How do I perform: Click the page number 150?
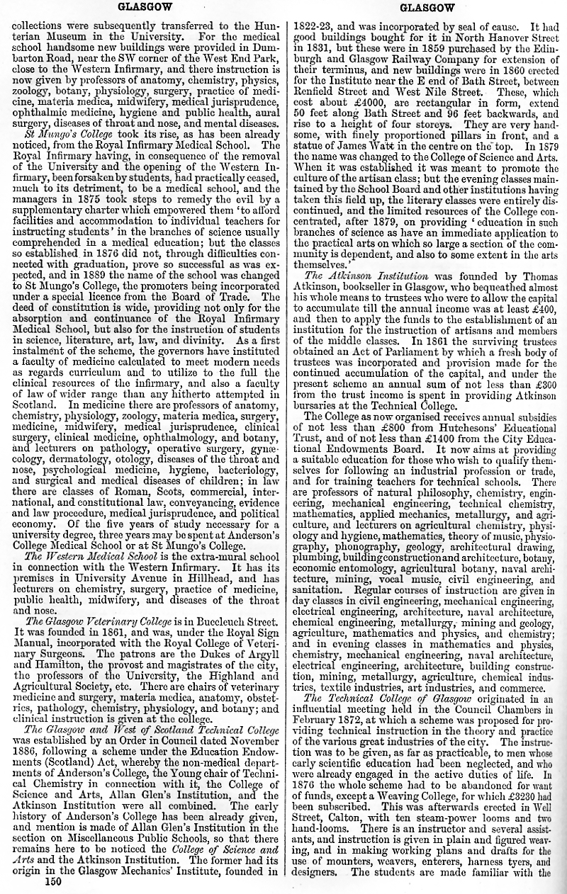[53, 882]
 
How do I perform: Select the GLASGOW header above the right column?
[427, 9]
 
